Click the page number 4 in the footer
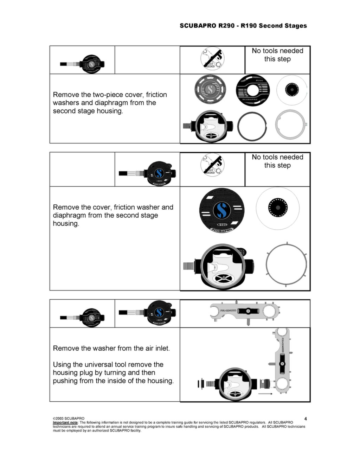pyautogui.click(x=305, y=419)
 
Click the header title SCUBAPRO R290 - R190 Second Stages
pyautogui.click(x=243, y=26)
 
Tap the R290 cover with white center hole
pyautogui.click(x=252, y=90)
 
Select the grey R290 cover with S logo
pyautogui.click(x=210, y=89)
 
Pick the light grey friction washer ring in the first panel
pyautogui.click(x=291, y=125)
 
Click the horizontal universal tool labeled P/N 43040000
pyautogui.click(x=245, y=311)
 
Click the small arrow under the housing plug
pyautogui.click(x=265, y=394)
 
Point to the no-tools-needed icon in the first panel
pyautogui.click(x=212, y=58)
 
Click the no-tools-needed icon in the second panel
pyautogui.click(x=212, y=165)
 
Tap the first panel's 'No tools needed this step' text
pyautogui.click(x=277, y=55)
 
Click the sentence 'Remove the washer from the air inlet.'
pyautogui.click(x=111, y=348)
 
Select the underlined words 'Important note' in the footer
pyautogui.click(x=65, y=422)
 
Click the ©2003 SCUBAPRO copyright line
pyautogui.click(x=69, y=419)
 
